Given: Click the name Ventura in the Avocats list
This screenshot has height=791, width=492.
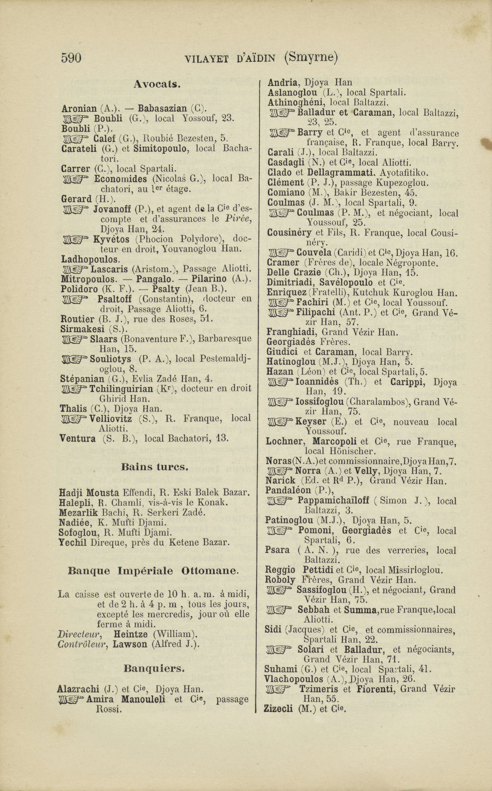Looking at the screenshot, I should coord(78,439).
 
